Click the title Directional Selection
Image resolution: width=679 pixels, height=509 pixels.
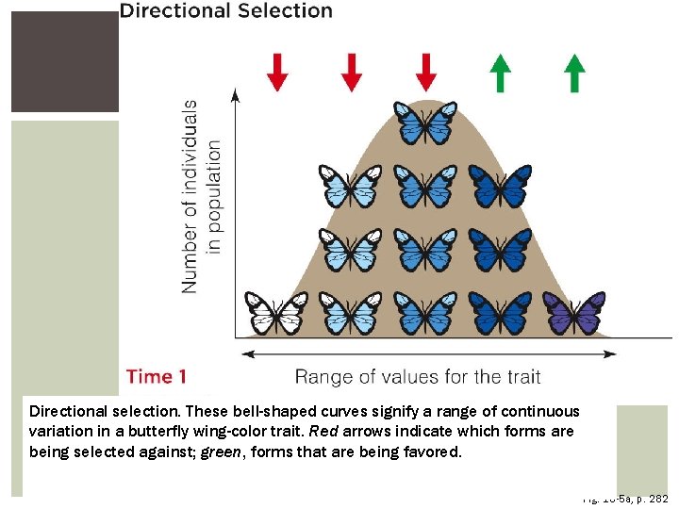225,11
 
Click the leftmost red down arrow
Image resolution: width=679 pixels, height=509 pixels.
276,72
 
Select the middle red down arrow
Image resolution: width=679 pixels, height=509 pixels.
351,72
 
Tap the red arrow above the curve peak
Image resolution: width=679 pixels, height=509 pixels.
426,72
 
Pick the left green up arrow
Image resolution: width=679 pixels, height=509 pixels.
501,73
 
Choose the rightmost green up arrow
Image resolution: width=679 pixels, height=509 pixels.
574,73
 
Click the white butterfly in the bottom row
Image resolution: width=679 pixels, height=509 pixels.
276,313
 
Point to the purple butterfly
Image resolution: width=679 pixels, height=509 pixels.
573,313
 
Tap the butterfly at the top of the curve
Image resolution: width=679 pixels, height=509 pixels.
426,123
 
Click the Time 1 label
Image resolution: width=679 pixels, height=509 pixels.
157,377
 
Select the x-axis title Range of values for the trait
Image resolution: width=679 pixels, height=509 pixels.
418,377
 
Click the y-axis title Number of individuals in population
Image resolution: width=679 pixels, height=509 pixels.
202,196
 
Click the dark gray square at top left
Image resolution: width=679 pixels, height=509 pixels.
64,61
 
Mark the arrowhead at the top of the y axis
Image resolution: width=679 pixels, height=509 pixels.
236,93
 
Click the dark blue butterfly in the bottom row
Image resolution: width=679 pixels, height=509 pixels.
500,313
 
